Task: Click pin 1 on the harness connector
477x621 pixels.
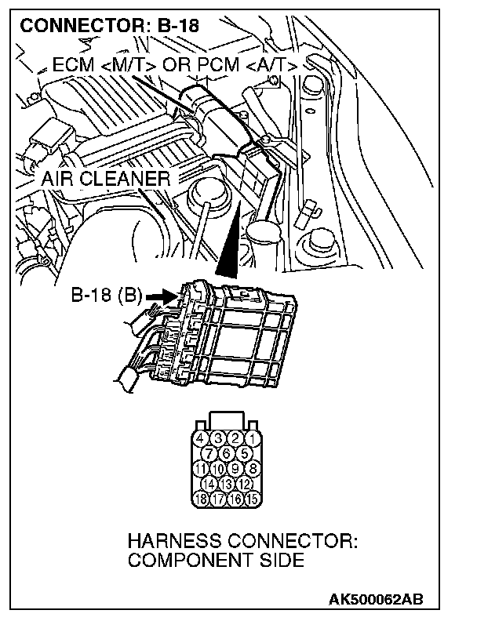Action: click(x=253, y=437)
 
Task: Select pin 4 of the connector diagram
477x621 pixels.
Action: click(x=202, y=437)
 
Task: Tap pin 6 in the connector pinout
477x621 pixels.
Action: click(x=228, y=452)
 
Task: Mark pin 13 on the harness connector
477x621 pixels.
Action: click(x=228, y=484)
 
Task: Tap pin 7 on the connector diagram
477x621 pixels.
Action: click(x=210, y=452)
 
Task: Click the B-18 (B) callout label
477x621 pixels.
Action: click(x=106, y=296)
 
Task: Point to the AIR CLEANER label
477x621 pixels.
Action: click(x=106, y=179)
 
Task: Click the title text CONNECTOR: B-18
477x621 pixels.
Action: click(x=109, y=25)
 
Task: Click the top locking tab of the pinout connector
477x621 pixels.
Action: click(x=228, y=419)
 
